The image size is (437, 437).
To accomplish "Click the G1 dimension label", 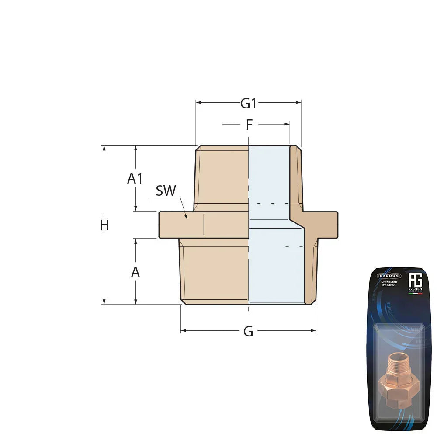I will (248, 104).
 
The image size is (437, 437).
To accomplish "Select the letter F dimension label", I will (249, 125).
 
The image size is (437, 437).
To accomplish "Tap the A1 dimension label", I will (135, 178).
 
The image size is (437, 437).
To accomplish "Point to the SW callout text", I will (166, 191).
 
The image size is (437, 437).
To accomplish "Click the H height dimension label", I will (104, 225).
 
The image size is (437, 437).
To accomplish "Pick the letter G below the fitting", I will (248, 332).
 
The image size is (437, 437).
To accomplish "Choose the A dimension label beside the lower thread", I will (135, 272).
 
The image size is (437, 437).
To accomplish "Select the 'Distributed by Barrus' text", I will (388, 284).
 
